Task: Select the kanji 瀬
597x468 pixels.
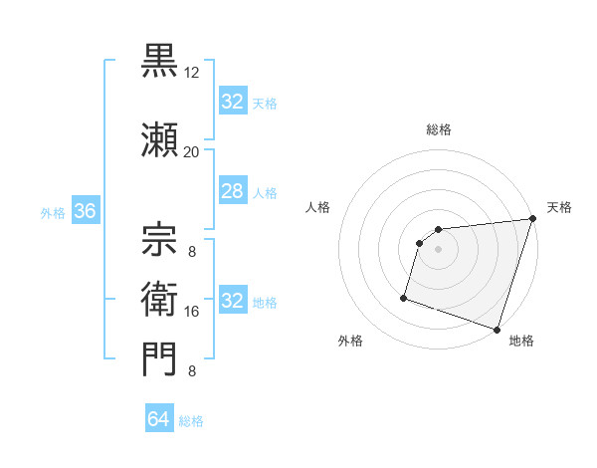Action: (160, 139)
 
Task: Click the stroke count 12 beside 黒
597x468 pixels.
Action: (192, 73)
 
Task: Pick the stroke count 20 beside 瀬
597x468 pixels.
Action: (192, 152)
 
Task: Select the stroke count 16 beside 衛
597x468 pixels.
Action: (192, 312)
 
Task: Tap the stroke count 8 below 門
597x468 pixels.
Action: (192, 372)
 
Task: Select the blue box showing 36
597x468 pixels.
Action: (85, 212)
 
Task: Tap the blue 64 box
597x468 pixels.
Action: (159, 419)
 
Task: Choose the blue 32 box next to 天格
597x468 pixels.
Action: (232, 102)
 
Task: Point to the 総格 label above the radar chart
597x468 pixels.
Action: (439, 129)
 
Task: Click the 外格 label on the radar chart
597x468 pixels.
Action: (350, 342)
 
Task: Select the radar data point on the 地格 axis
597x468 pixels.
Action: (497, 329)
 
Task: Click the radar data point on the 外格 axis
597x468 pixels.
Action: (404, 297)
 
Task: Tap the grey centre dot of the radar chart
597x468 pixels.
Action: (438, 250)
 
